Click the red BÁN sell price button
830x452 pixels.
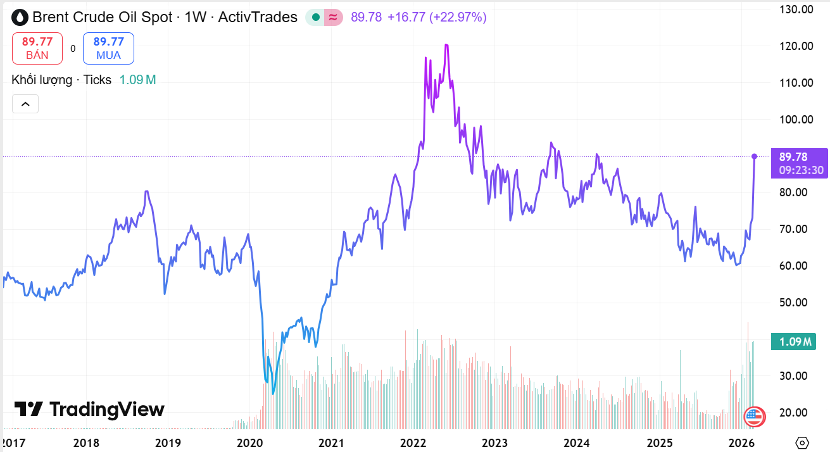click(37, 48)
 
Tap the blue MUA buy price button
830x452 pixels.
click(108, 48)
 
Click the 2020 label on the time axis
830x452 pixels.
click(249, 443)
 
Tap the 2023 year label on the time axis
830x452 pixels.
click(494, 443)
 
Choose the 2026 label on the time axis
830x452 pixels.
click(739, 443)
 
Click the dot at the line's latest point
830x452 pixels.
click(754, 156)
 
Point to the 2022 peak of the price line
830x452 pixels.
click(446, 45)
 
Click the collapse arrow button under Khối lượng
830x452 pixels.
click(25, 104)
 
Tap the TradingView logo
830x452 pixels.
click(89, 410)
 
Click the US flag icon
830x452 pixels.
click(753, 416)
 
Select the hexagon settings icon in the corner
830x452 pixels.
click(802, 443)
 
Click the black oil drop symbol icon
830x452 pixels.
click(20, 17)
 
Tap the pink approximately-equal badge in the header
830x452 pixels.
click(333, 18)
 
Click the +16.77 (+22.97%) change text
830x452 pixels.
click(437, 17)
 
